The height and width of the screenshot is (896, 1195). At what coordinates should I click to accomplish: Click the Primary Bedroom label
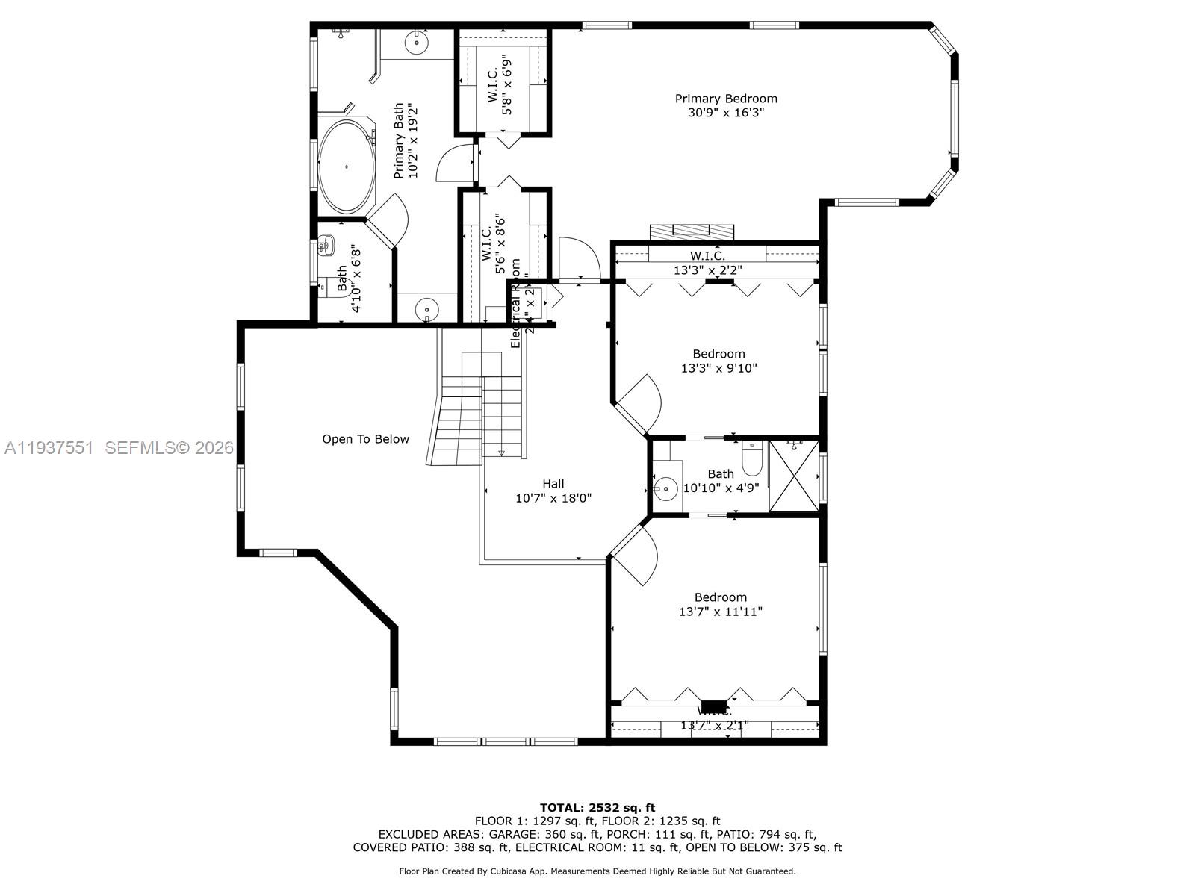coord(726,99)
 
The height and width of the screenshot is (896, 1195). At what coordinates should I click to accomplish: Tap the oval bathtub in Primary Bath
coord(347,166)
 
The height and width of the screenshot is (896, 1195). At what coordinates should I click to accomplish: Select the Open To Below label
coord(365,439)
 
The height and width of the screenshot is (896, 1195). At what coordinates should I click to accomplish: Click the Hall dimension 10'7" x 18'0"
coord(553,498)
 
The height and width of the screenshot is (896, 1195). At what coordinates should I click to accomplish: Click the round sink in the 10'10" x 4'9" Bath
coord(665,489)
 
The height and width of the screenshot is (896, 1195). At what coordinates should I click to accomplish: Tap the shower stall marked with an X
coord(793,475)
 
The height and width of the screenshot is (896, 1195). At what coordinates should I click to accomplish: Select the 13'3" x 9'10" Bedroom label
coord(718,354)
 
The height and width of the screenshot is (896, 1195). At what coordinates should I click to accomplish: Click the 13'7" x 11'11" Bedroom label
coord(720,597)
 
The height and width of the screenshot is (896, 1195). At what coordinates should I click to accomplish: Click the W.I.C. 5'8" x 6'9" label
coord(500,84)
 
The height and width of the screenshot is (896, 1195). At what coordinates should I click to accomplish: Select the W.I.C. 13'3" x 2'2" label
coord(707,256)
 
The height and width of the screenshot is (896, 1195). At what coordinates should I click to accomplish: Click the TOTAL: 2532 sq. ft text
coord(597,807)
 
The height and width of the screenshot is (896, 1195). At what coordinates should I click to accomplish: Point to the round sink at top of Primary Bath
coord(416,43)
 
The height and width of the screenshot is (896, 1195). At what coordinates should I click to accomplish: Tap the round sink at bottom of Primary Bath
coord(426,308)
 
